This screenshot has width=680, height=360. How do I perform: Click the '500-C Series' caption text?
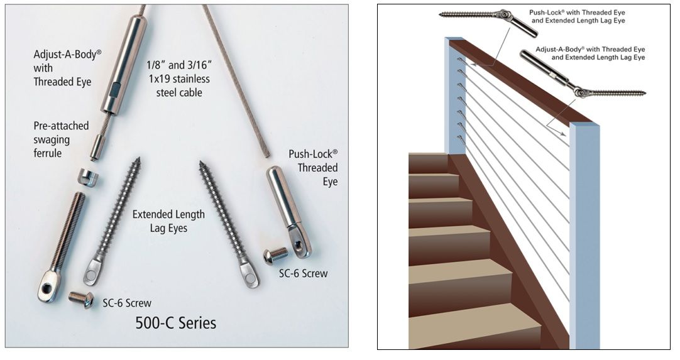point(175,323)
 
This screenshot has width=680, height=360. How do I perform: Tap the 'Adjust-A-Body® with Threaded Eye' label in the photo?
point(67,68)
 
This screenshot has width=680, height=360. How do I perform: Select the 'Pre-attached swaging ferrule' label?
point(61,139)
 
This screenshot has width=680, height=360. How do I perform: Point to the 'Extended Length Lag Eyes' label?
point(168,221)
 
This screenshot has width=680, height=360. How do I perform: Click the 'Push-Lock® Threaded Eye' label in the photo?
point(313,167)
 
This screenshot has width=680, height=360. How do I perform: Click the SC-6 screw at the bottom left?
point(81,299)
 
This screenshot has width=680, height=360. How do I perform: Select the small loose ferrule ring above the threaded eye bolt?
point(88,178)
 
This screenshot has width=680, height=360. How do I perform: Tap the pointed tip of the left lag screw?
point(139,158)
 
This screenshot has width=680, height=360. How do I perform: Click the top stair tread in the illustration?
point(429,163)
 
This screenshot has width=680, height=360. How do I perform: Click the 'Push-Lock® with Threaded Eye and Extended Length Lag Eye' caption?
point(577,16)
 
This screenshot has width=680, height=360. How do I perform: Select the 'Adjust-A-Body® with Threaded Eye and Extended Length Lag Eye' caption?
point(590,53)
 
